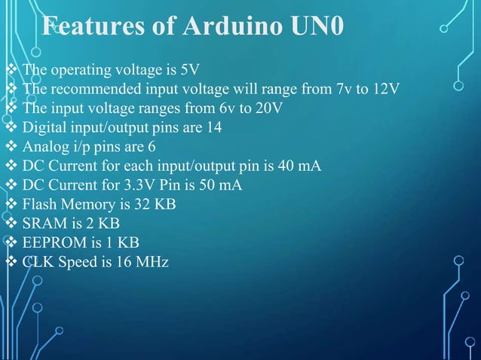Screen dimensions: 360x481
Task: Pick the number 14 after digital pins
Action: click(x=214, y=127)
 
